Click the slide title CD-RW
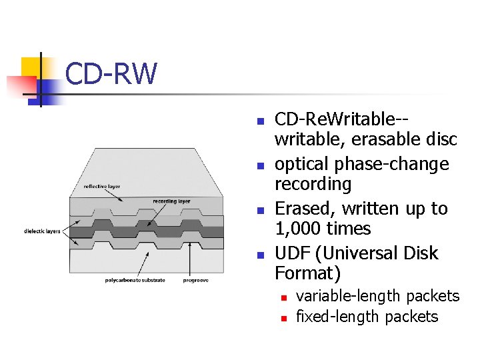pyautogui.click(x=111, y=74)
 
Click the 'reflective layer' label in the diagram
pyautogui.click(x=102, y=187)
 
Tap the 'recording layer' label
pyautogui.click(x=171, y=201)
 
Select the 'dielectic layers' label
pyautogui.click(x=42, y=231)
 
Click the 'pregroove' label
pyautogui.click(x=196, y=281)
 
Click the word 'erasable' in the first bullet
pyautogui.click(x=384, y=139)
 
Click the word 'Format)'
pyautogui.click(x=308, y=273)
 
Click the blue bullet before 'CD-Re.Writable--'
pyautogui.click(x=261, y=122)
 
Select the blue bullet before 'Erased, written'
pyautogui.click(x=261, y=211)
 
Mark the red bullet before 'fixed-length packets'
pyautogui.click(x=283, y=319)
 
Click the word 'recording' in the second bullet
pyautogui.click(x=313, y=184)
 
